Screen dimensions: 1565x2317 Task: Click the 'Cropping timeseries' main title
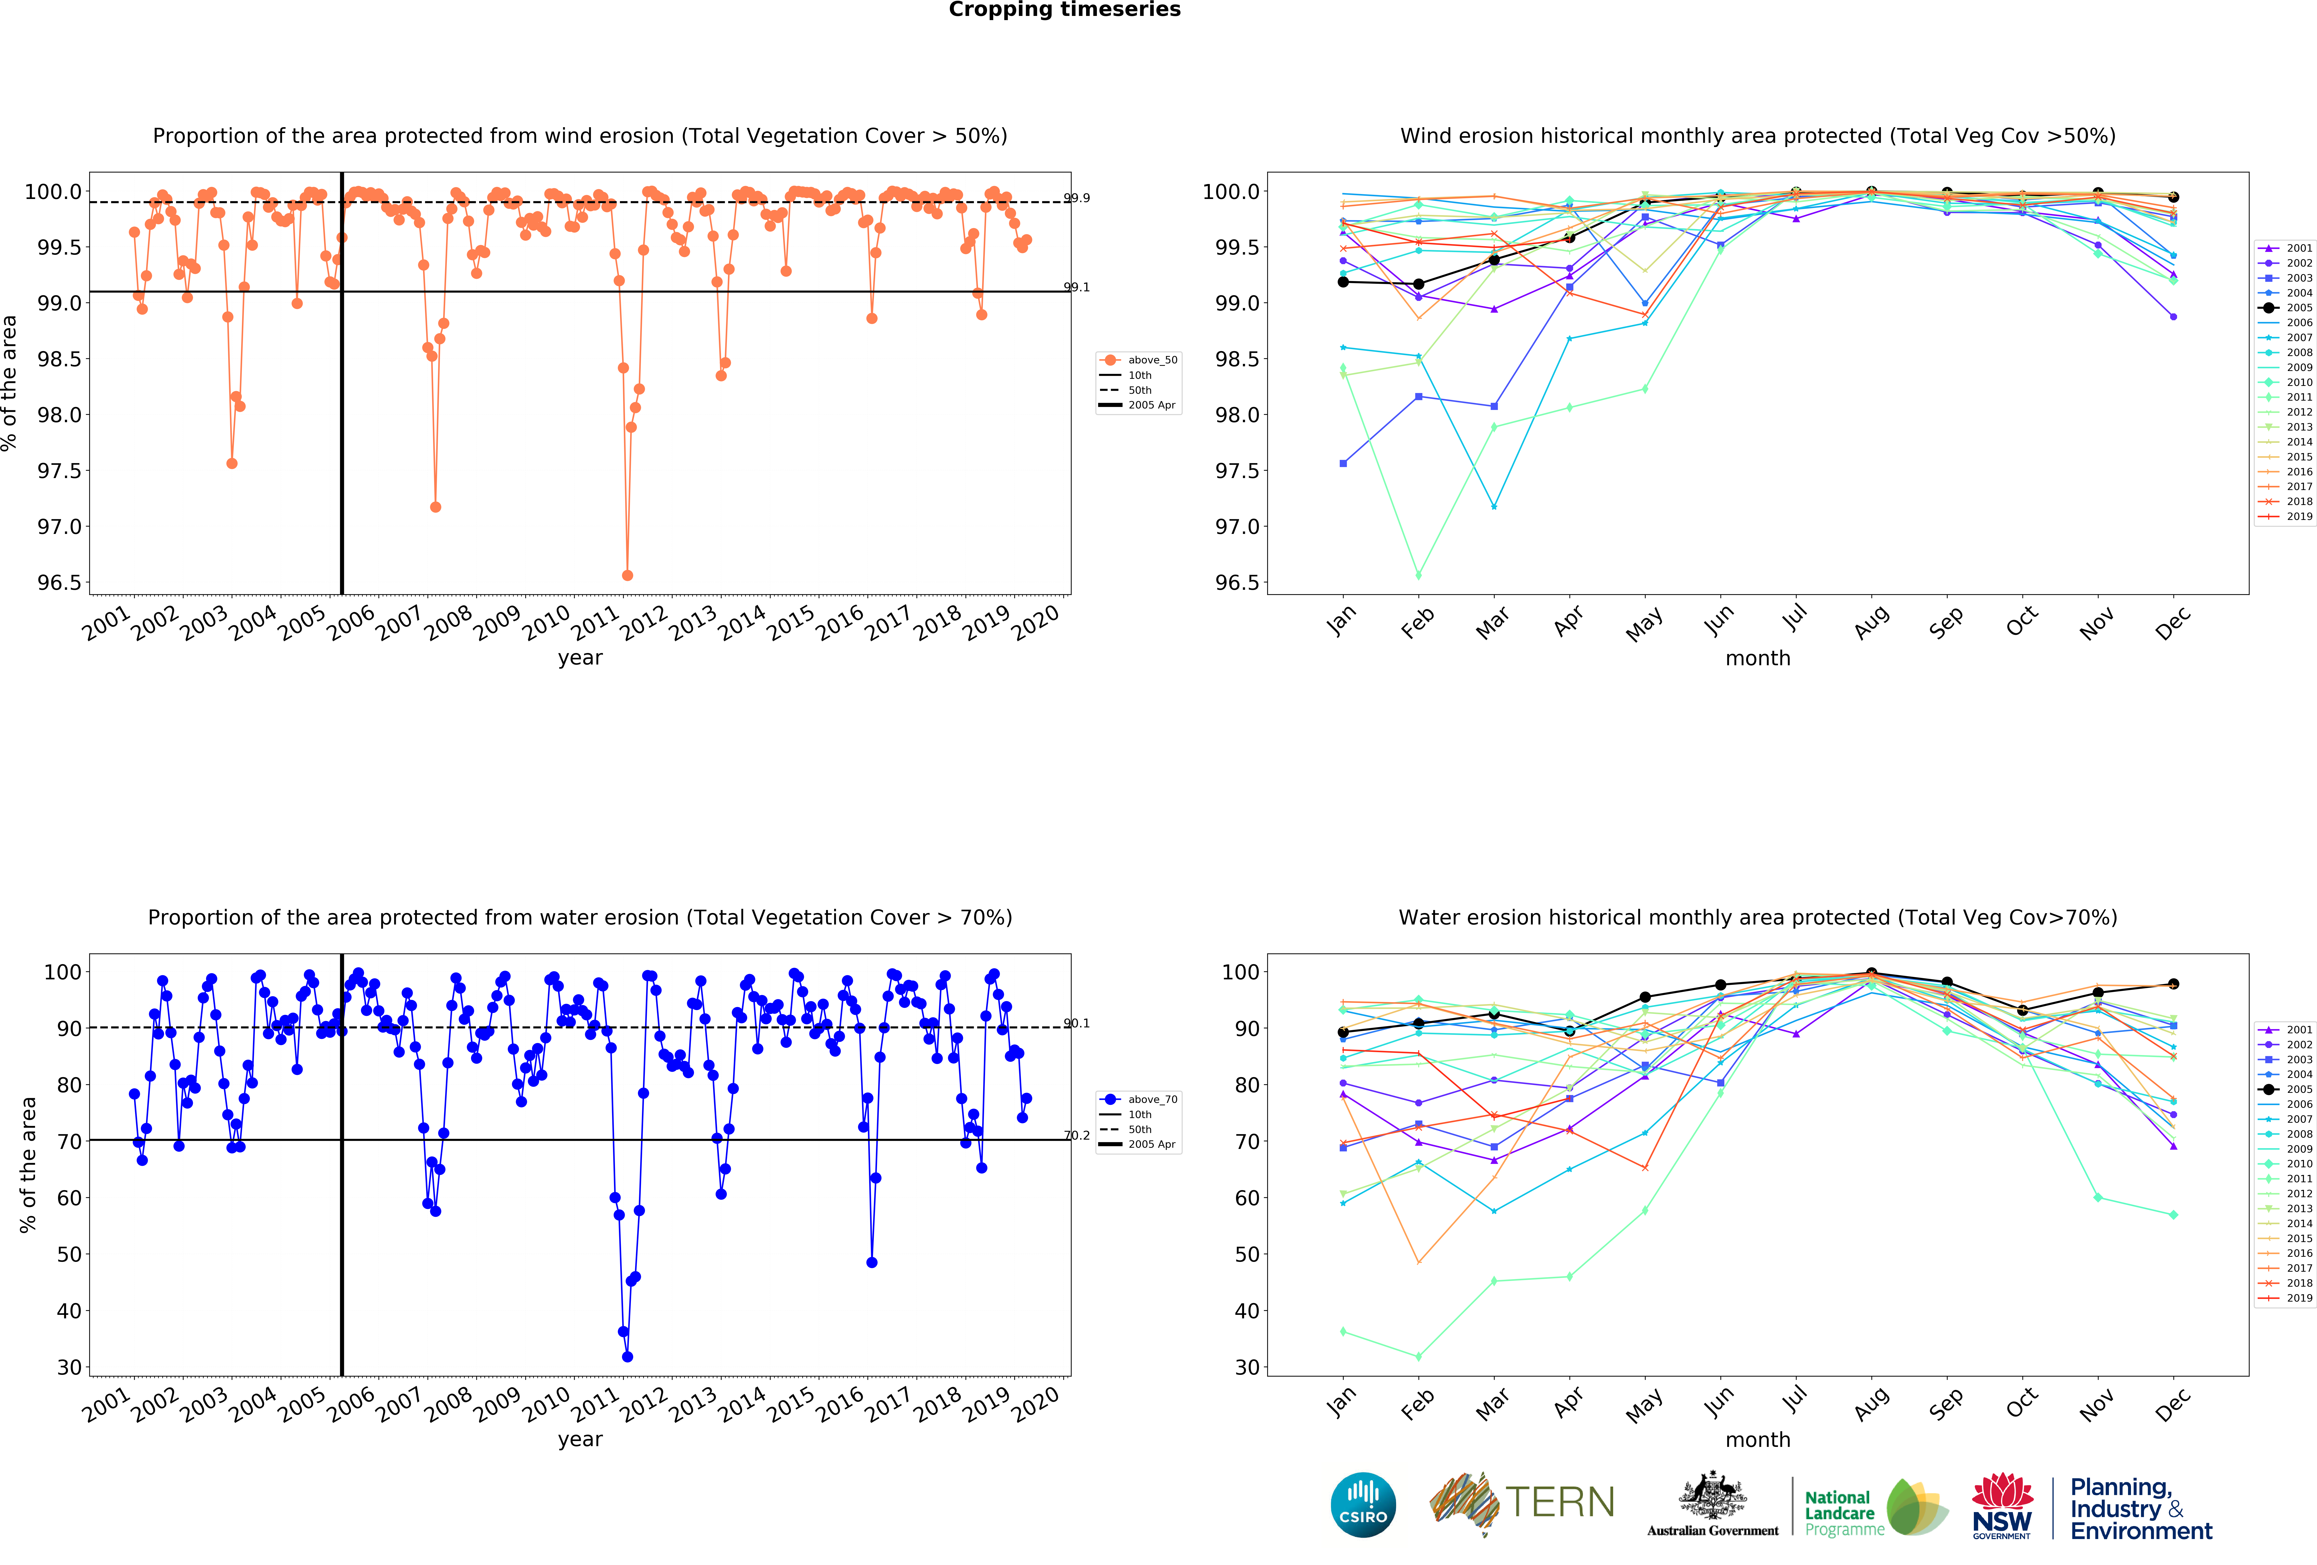pos(1064,10)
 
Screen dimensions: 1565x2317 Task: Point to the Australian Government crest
pos(1712,1495)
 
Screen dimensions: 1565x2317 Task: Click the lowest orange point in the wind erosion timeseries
pos(627,575)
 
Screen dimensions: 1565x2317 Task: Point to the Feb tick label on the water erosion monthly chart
pos(1417,1404)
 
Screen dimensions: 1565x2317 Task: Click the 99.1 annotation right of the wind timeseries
pos(1077,287)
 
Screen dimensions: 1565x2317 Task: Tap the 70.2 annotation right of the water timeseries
pos(1077,1135)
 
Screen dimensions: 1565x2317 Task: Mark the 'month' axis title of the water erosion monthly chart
pos(1758,1439)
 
